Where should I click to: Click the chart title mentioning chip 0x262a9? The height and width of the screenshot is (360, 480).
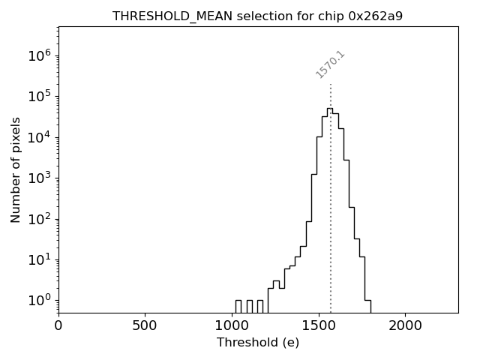pos(258,16)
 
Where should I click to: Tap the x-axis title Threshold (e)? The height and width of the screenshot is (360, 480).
pos(258,343)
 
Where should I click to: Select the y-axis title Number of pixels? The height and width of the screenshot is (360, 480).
pos(16,169)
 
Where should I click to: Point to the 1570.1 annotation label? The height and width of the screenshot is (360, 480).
pos(330,64)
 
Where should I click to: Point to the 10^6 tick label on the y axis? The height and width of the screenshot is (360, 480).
pos(39,55)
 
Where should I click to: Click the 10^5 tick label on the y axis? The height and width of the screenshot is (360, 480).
pos(39,96)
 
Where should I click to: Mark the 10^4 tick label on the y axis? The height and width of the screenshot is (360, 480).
pos(39,137)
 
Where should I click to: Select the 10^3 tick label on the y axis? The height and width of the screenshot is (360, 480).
pos(39,178)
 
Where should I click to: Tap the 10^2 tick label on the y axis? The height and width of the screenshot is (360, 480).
pos(39,219)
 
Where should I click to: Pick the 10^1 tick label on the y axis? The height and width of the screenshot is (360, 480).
pos(39,259)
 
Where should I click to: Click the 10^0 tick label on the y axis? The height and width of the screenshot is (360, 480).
pos(39,300)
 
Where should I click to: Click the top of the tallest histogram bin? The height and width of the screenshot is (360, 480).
pos(329,109)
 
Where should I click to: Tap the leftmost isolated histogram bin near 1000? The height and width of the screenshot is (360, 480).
pos(238,301)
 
